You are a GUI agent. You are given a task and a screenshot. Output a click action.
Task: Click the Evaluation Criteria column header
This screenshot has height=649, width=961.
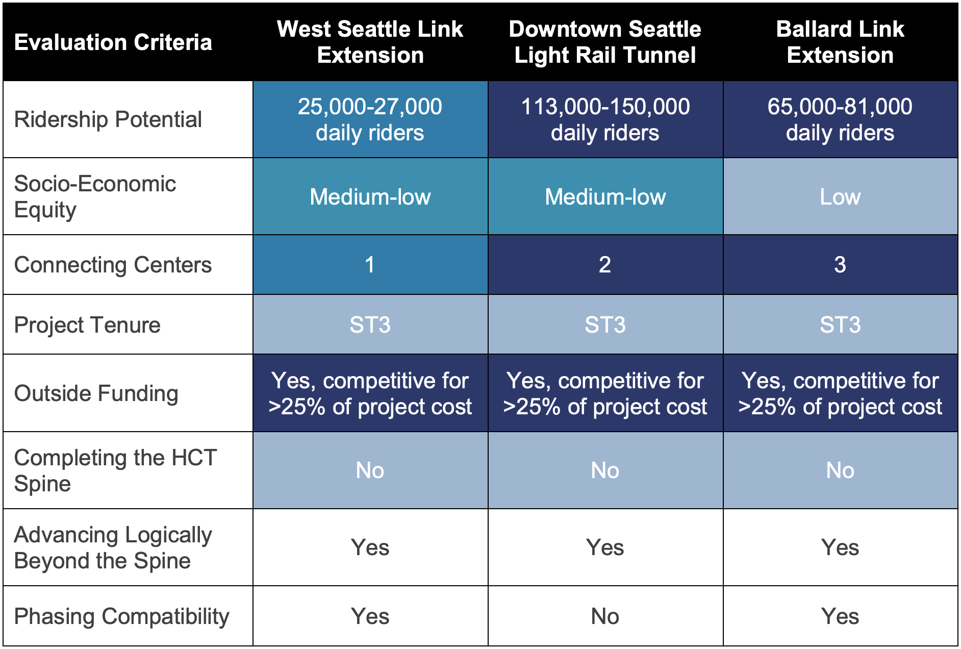click(x=113, y=42)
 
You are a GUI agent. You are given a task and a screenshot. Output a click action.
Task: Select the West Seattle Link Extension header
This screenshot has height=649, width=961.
click(x=370, y=42)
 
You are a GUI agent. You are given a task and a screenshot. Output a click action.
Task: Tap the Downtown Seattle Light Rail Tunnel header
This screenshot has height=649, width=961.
click(x=605, y=42)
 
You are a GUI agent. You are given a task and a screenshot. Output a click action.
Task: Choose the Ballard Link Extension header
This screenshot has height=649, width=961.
click(x=840, y=42)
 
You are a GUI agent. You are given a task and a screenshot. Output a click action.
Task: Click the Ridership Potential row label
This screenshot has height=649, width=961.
click(x=108, y=119)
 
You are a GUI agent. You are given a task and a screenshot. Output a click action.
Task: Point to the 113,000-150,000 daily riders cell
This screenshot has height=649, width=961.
click(x=605, y=119)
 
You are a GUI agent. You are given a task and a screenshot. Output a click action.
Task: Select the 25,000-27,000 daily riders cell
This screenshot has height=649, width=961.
click(x=370, y=119)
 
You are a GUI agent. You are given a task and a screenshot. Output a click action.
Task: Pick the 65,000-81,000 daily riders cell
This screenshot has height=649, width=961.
click(x=840, y=119)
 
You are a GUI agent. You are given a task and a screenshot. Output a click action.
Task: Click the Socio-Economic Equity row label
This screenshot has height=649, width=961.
click(x=95, y=196)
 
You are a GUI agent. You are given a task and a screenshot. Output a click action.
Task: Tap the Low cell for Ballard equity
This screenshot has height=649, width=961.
click(x=840, y=197)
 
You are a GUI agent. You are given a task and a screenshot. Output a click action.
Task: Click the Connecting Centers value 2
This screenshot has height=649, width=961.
click(x=605, y=265)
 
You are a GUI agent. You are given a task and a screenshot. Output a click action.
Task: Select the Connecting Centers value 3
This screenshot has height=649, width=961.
click(x=840, y=265)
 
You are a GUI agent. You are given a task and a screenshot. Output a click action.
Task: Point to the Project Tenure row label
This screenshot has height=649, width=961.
click(x=87, y=325)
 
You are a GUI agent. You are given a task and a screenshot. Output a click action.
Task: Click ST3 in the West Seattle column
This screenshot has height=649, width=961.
click(x=370, y=325)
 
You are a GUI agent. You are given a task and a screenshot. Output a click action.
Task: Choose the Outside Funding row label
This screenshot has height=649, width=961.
click(x=96, y=393)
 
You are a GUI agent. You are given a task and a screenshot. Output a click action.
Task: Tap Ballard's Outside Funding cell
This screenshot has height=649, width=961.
click(x=840, y=393)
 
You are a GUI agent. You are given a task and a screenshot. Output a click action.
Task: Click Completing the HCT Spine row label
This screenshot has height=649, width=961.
click(x=116, y=470)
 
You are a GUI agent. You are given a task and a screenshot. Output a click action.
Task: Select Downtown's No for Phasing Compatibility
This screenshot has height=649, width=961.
click(x=605, y=616)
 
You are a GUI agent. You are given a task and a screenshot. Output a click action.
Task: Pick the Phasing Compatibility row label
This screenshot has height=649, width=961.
click(x=122, y=616)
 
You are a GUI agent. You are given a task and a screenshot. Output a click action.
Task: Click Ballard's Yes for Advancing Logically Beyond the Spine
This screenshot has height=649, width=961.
click(x=840, y=547)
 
